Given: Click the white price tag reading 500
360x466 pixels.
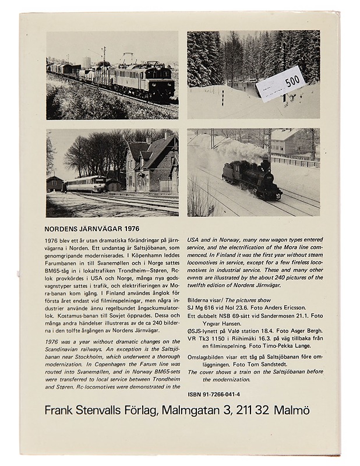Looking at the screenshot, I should (x=280, y=84).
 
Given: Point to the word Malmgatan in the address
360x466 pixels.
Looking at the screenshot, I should (x=189, y=411).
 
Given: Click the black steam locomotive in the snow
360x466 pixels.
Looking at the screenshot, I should (x=250, y=178).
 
